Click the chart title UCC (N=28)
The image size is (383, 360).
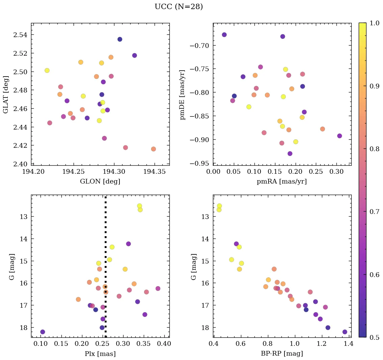click(x=179, y=7)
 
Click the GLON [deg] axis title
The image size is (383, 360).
click(x=100, y=181)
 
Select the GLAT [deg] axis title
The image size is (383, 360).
click(x=5, y=94)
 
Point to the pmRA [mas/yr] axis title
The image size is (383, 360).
click(x=282, y=181)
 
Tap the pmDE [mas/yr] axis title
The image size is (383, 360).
click(x=183, y=94)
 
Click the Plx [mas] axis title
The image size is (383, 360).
click(x=100, y=354)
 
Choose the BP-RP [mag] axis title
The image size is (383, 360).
click(x=282, y=354)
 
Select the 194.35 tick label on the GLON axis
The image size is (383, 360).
click(x=155, y=172)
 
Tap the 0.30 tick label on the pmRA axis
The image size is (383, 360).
click(x=336, y=172)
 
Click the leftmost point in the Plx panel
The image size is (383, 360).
click(x=43, y=332)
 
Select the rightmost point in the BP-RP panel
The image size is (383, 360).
click(x=345, y=332)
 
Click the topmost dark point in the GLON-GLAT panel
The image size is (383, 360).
click(x=120, y=39)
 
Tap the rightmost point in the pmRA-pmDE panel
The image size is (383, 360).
click(x=339, y=136)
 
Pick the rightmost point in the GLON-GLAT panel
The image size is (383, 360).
click(x=154, y=149)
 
